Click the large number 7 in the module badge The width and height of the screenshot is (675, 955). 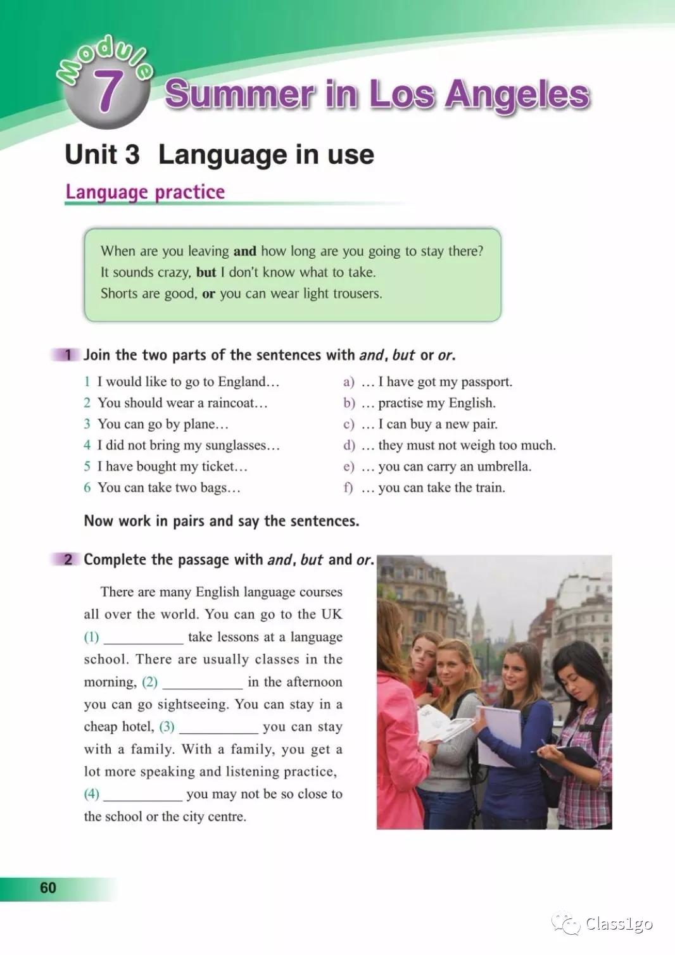pos(107,91)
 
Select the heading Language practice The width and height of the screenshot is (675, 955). pos(145,192)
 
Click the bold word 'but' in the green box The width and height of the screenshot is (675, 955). pos(206,272)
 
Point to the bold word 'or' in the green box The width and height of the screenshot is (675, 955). pos(208,294)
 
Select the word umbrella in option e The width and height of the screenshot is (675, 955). pos(503,466)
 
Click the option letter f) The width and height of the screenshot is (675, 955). pos(348,488)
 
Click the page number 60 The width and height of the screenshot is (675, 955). pos(48,888)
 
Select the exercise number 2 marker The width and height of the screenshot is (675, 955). pos(68,559)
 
